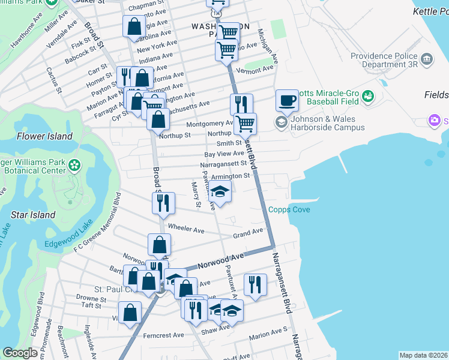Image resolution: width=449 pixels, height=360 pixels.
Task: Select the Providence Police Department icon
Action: tap(427, 59)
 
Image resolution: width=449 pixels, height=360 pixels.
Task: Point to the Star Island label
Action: tap(34, 215)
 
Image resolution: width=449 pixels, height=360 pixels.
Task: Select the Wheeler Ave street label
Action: tap(186, 229)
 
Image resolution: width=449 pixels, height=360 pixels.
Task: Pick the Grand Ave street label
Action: tap(248, 232)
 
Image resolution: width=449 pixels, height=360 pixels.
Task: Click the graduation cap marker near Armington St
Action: tap(220, 192)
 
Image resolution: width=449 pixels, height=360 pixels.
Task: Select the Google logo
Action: tap(20, 353)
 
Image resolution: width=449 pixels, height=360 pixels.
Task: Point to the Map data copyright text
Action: tap(423, 355)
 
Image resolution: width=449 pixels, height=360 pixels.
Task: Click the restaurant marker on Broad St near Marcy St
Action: tap(163, 203)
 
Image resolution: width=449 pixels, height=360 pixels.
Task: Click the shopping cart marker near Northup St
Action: tap(245, 124)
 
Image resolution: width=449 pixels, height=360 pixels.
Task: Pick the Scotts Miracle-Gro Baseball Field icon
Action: tap(368, 96)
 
